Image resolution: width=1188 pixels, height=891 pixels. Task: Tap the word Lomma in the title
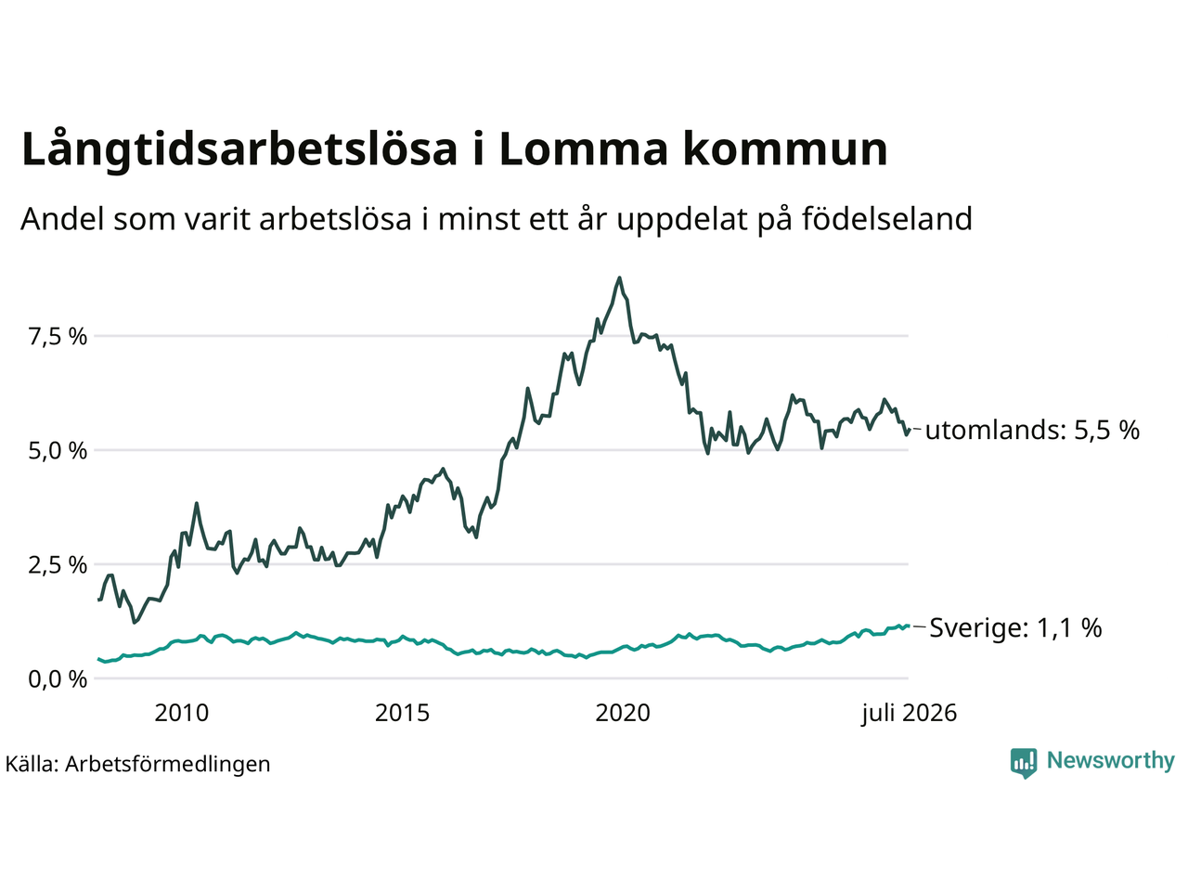click(584, 148)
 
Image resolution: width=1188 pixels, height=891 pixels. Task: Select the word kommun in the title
click(785, 148)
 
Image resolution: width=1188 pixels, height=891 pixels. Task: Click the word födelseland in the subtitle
click(886, 218)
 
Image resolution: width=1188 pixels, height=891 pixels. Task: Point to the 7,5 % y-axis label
click(58, 337)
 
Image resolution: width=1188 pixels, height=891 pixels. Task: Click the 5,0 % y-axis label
click(58, 451)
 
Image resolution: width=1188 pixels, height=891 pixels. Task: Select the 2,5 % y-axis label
click(58, 565)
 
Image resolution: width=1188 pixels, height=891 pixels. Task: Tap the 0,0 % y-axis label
click(58, 679)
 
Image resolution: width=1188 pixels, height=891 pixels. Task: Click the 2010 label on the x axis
click(181, 713)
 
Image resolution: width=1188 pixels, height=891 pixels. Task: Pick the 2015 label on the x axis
click(402, 713)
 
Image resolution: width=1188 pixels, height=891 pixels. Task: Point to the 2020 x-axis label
click(623, 713)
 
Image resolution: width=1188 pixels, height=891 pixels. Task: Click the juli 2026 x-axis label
click(910, 714)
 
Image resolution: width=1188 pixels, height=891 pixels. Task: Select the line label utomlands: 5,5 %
click(1032, 430)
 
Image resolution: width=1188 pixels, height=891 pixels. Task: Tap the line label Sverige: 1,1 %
click(1016, 627)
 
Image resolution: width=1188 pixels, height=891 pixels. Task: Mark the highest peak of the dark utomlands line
click(620, 278)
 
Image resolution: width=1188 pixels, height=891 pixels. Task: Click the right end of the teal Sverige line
click(908, 626)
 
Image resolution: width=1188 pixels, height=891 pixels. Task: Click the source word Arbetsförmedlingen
click(167, 765)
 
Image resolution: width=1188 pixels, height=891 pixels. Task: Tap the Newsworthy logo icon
click(1024, 763)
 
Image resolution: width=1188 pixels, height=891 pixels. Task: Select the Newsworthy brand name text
click(1111, 760)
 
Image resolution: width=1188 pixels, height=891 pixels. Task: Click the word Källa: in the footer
click(32, 764)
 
